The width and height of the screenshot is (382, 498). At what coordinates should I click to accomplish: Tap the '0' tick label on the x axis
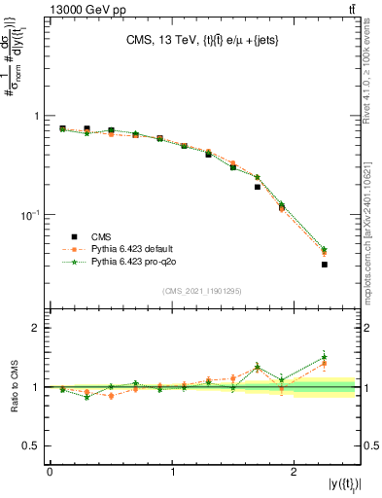50,471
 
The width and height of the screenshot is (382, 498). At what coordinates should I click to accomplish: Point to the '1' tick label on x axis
172,471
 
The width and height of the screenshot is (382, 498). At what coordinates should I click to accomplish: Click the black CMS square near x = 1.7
258,187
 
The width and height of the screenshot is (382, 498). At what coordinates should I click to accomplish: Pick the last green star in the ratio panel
325,357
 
